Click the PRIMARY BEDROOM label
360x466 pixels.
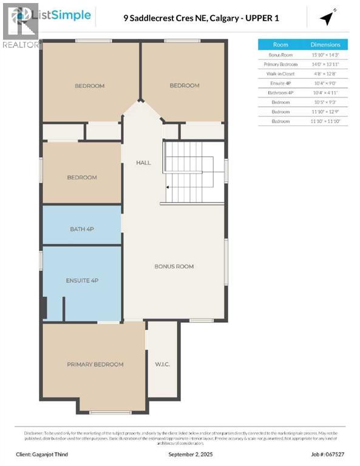point(95,364)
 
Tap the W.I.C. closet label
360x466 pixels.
point(161,365)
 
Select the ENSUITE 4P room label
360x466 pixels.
point(82,280)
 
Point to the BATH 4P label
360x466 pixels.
point(82,229)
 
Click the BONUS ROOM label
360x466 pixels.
point(174,266)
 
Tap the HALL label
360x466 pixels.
point(143,163)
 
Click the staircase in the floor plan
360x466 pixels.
point(191,172)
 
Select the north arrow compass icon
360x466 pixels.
point(328,18)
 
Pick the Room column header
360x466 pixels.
point(280,44)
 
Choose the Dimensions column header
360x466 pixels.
point(325,44)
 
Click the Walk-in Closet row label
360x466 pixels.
point(280,73)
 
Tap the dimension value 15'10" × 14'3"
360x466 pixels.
point(325,55)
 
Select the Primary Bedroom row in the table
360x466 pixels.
point(280,64)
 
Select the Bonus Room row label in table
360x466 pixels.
point(280,55)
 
